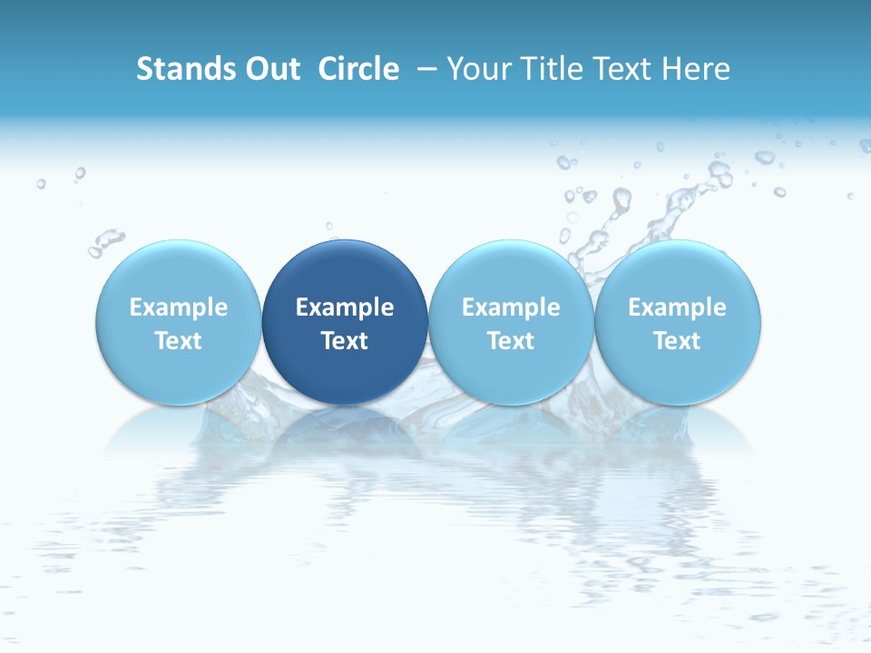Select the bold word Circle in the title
(x=358, y=69)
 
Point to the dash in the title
(x=427, y=69)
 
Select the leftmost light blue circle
(x=179, y=272)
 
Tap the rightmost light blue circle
(x=678, y=272)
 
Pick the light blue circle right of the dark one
(x=511, y=272)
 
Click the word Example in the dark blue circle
(x=345, y=307)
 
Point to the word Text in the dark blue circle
(x=345, y=341)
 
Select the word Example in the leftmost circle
(x=179, y=307)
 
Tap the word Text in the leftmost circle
(x=179, y=341)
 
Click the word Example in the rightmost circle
(x=678, y=307)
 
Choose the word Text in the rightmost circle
(x=678, y=341)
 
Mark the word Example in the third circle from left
(x=511, y=307)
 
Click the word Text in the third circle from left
(x=511, y=341)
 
